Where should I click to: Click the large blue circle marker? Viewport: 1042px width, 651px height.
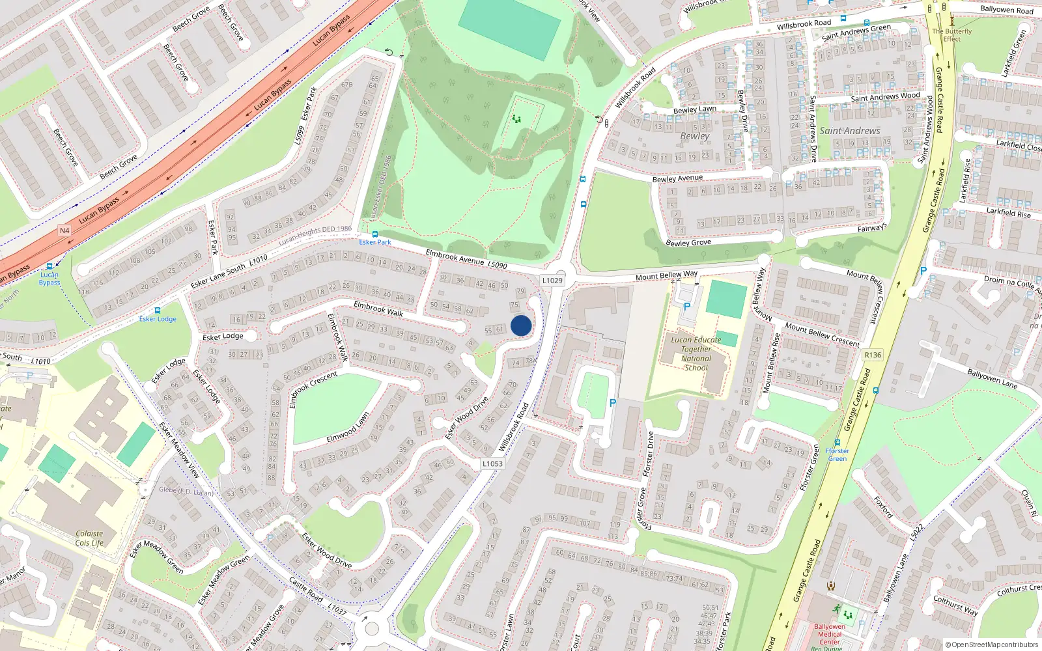click(x=521, y=325)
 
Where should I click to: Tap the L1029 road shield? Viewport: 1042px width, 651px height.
click(x=552, y=281)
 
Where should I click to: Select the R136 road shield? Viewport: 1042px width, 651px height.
click(x=873, y=355)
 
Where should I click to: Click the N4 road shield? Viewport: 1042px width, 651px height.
click(x=64, y=230)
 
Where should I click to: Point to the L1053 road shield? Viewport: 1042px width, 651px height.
click(x=492, y=464)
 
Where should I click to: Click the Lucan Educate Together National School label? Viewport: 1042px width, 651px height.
click(x=696, y=353)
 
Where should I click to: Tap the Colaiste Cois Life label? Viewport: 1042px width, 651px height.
click(x=89, y=538)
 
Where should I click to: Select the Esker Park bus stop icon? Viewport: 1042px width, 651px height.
click(x=374, y=234)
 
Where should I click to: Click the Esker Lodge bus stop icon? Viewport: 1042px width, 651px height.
click(x=157, y=311)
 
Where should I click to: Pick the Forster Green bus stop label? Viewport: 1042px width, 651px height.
click(x=838, y=454)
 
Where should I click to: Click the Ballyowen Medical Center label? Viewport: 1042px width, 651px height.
click(x=829, y=634)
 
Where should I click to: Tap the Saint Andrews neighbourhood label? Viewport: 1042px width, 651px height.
click(x=849, y=131)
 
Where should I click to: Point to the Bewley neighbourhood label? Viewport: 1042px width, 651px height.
click(x=694, y=136)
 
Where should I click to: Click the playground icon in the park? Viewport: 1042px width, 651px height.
click(x=516, y=119)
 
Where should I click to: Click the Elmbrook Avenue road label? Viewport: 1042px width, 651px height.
click(x=456, y=257)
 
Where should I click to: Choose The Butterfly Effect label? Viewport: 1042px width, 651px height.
click(x=951, y=35)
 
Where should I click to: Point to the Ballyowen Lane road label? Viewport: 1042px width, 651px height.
click(x=992, y=378)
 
